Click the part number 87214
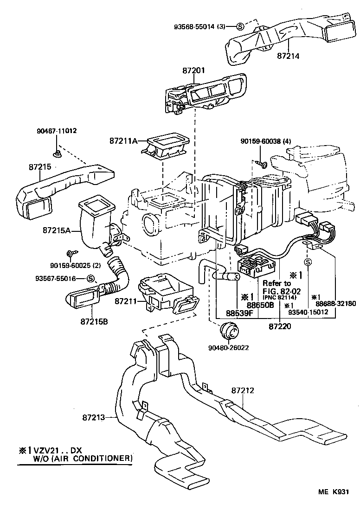click(288, 56)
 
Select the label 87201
click(193, 70)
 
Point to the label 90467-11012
click(57, 131)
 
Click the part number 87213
click(97, 417)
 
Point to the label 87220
click(280, 326)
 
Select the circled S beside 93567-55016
click(90, 278)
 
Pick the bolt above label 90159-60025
click(71, 253)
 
